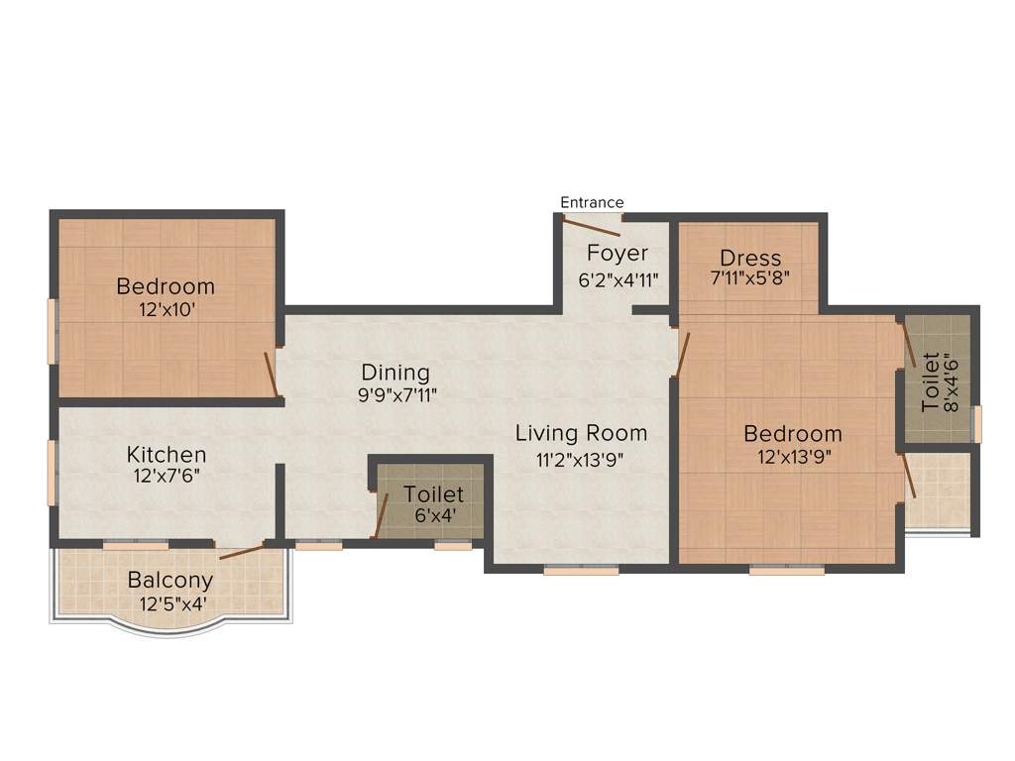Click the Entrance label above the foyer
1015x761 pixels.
(x=592, y=202)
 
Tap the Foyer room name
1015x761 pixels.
(x=617, y=253)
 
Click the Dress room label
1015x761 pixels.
(x=750, y=259)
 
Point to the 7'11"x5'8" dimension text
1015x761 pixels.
(x=749, y=278)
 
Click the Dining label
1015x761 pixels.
(x=395, y=373)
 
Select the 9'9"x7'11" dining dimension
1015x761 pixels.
(x=395, y=394)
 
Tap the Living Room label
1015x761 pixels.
(x=581, y=433)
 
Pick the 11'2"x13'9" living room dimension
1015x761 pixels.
(x=581, y=458)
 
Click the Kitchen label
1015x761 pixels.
(x=167, y=455)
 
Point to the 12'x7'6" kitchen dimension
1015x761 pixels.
(x=167, y=476)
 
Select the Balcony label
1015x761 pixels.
(x=170, y=580)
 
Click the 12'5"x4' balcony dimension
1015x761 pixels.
(x=170, y=601)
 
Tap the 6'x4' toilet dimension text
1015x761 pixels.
(x=432, y=515)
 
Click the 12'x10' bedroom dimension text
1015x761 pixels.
(x=165, y=309)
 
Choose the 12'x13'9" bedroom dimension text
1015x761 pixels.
(x=792, y=456)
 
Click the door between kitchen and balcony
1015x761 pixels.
(x=242, y=551)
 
